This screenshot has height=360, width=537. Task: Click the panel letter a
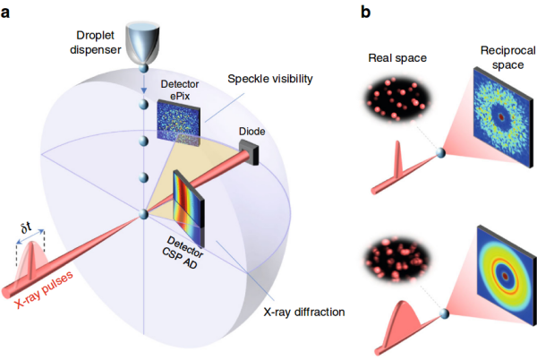tap(5, 13)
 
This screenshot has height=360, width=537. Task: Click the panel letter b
tap(366, 12)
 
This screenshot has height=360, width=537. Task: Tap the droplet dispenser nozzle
tap(142, 43)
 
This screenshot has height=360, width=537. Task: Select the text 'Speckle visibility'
tap(270, 79)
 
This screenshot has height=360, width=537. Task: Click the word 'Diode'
tap(252, 131)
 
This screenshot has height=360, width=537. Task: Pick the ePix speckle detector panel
tap(178, 123)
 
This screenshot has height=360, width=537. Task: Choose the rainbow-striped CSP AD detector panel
tap(189, 209)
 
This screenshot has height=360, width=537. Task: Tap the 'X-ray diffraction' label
tap(304, 312)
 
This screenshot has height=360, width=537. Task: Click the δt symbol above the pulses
tap(26, 227)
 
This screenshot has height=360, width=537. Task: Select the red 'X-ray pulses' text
tap(44, 290)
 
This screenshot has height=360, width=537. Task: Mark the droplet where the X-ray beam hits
tap(143, 215)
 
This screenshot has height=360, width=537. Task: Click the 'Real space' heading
tap(397, 58)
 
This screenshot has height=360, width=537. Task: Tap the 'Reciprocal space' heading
tap(507, 57)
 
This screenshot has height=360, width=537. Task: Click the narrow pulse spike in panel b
tap(398, 159)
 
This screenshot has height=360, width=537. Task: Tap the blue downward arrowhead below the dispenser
tap(144, 90)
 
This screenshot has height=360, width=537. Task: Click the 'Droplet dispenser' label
tap(95, 42)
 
